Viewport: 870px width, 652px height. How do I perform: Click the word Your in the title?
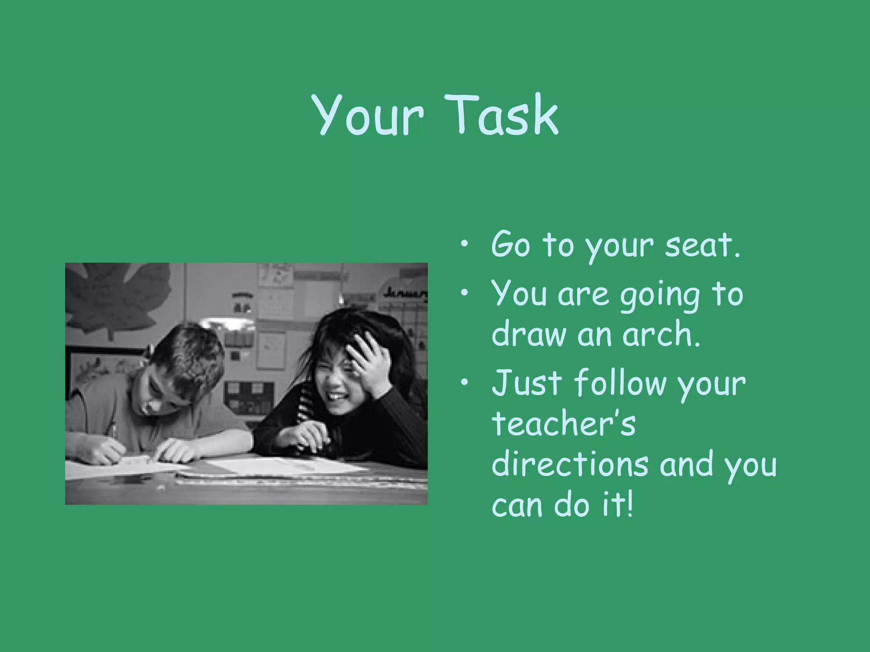coord(368,115)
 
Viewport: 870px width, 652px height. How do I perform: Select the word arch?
coord(661,334)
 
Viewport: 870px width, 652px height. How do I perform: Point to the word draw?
coord(529,334)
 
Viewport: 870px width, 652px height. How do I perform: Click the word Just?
coord(527,383)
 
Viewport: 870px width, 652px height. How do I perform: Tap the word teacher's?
coord(563,424)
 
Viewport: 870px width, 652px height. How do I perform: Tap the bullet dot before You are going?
coord(465,292)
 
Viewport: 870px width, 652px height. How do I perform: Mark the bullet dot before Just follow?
coord(465,382)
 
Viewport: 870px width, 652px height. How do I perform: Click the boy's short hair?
coord(187,352)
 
